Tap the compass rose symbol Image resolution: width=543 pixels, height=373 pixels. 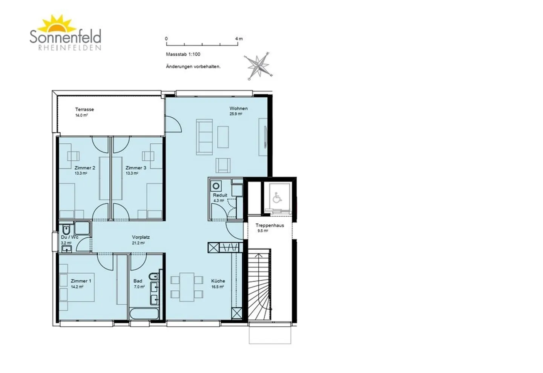(x=259, y=66)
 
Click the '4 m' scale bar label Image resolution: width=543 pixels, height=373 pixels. (x=239, y=38)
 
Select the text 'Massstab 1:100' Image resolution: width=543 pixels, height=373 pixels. (x=183, y=54)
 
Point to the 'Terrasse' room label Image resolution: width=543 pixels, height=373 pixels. (x=84, y=109)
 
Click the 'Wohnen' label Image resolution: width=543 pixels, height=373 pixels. (x=238, y=109)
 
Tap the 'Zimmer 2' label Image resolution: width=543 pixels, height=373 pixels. (x=85, y=168)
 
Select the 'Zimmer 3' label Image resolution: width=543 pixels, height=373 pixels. (x=136, y=168)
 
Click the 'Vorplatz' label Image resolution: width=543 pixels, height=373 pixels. (x=141, y=237)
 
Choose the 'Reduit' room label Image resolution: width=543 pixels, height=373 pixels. (x=220, y=195)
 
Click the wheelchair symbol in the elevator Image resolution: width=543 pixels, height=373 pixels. (x=277, y=198)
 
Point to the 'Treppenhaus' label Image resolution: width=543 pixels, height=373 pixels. (x=270, y=226)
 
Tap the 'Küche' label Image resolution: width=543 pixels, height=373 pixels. (x=218, y=281)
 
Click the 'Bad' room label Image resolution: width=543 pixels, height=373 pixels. (x=138, y=281)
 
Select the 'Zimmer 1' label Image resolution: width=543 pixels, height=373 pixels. (x=81, y=281)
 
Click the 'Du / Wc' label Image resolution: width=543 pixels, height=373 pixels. (x=69, y=237)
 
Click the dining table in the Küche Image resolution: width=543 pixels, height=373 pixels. (x=187, y=287)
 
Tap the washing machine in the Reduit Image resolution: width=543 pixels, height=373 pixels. (x=216, y=186)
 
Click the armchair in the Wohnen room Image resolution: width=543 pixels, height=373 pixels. (x=223, y=165)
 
